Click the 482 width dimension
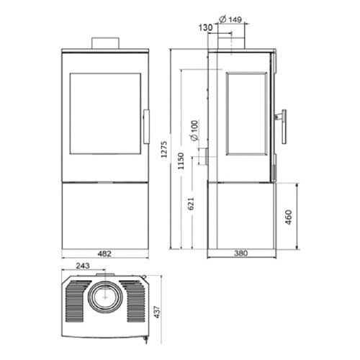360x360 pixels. click(105, 254)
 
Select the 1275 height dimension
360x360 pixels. click(165, 148)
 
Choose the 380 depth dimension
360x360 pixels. click(240, 254)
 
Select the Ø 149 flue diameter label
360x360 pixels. click(230, 19)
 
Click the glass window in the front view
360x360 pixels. click(105, 112)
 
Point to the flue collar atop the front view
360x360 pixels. click(105, 42)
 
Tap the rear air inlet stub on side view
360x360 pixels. click(204, 156)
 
